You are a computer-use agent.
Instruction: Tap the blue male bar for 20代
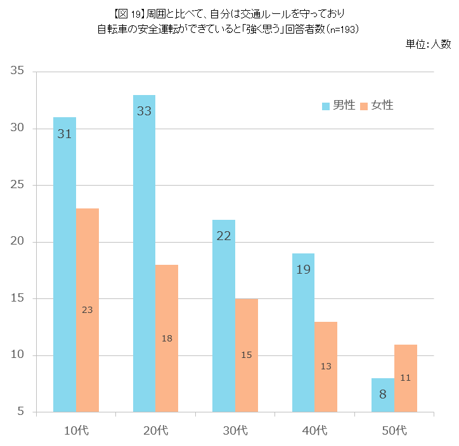(x=144, y=253)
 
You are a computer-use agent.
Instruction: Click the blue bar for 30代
(x=224, y=316)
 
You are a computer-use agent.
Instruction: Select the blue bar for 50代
(x=383, y=395)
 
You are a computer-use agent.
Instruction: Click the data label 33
(x=144, y=111)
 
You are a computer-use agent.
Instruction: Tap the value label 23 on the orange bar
(x=87, y=310)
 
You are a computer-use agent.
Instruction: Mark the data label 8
(x=383, y=394)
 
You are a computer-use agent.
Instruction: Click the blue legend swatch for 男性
(x=326, y=106)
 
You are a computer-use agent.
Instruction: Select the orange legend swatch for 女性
(x=364, y=106)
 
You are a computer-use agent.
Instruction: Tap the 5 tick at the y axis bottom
(x=21, y=412)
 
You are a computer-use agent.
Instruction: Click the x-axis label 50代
(x=394, y=431)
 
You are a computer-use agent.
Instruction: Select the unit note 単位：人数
(x=428, y=44)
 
